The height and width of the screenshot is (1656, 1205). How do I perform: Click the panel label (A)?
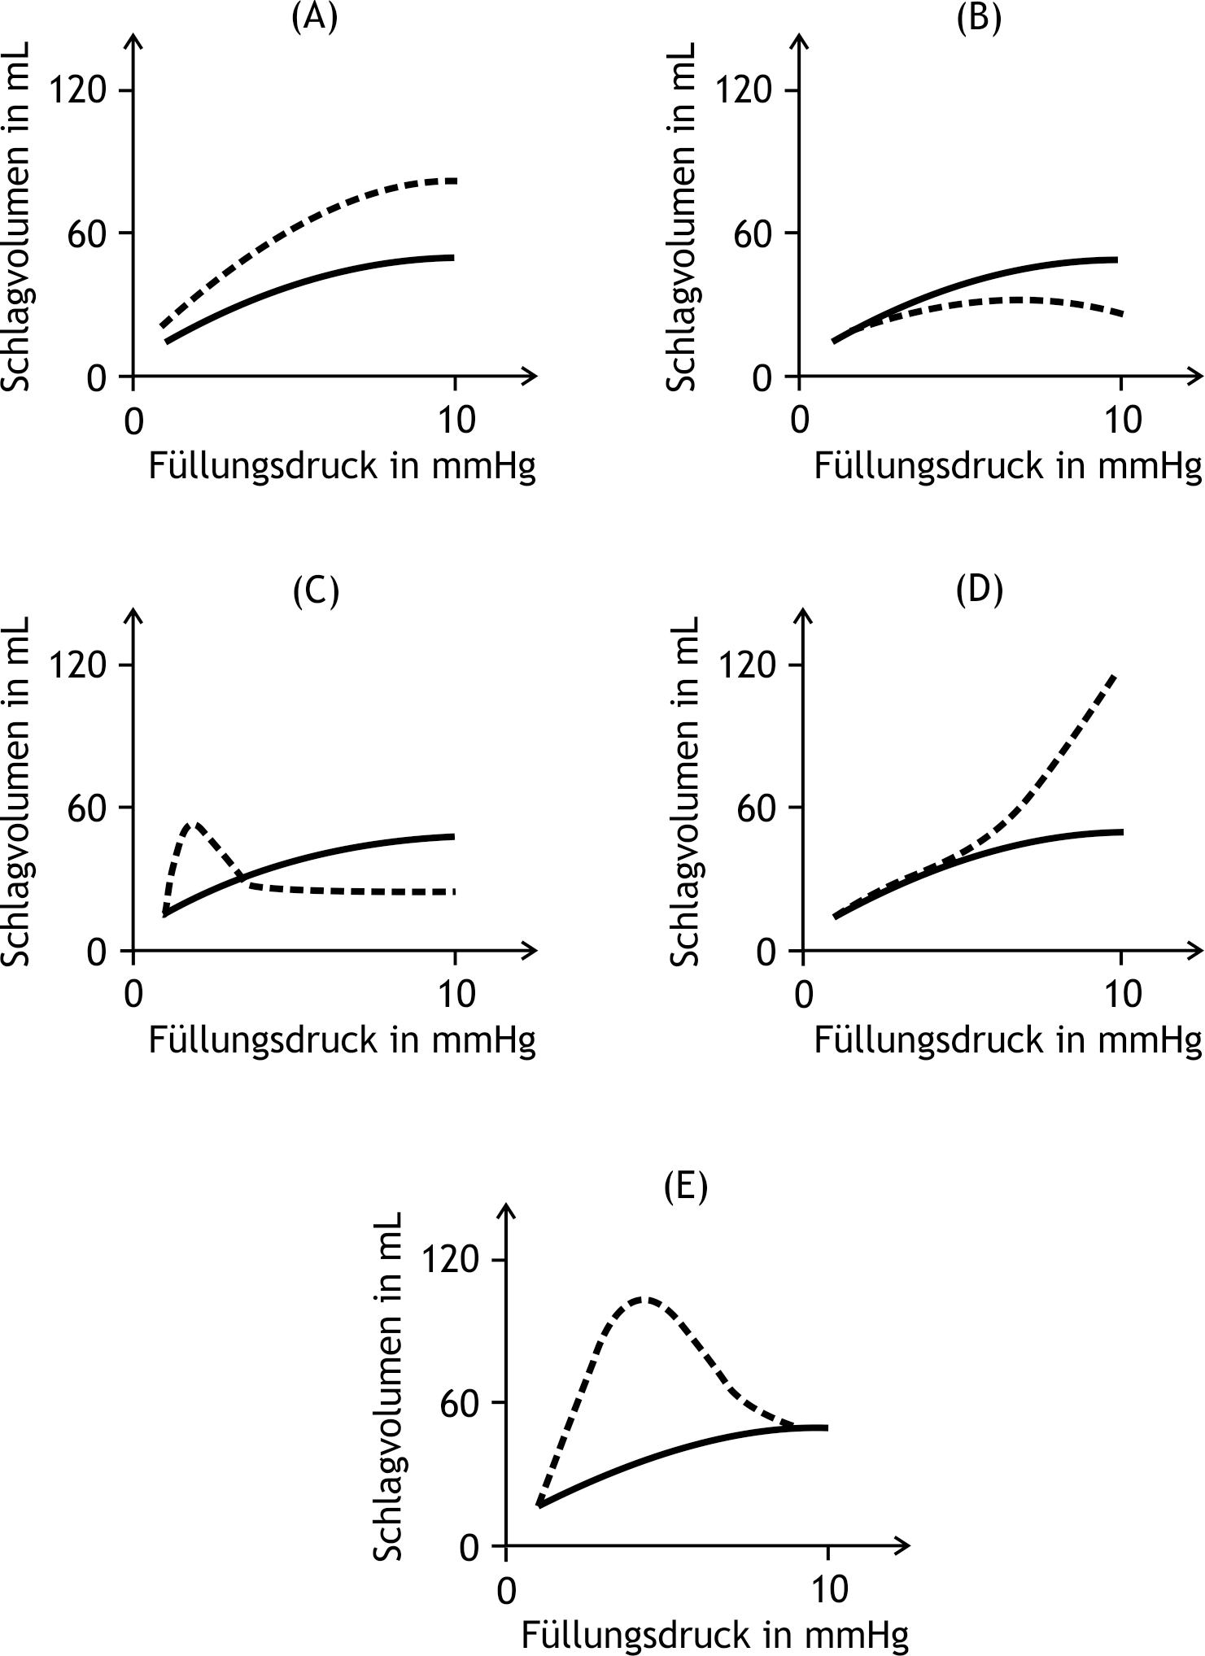point(314,16)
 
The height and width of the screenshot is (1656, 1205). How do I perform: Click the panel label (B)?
point(979,16)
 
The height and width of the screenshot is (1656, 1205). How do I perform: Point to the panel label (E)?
point(686,1187)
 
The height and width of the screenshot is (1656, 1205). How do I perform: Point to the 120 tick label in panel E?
point(452,1283)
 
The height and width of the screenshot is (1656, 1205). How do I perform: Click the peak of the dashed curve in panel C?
point(192,824)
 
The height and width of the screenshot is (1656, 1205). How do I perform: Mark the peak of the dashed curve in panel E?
point(644,1322)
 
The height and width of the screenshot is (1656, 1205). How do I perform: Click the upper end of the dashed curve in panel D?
point(1115,674)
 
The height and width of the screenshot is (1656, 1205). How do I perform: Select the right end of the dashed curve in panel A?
point(455,181)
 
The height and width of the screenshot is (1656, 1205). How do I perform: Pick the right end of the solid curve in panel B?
point(1117,259)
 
